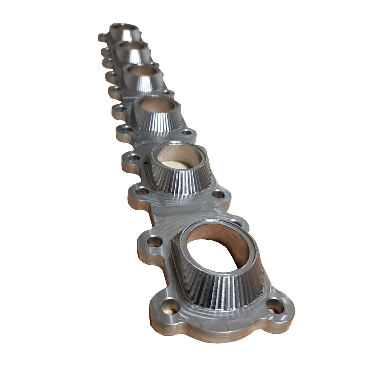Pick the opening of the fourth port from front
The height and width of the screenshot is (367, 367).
[x=142, y=71]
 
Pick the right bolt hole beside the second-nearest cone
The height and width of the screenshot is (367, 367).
[x=218, y=194]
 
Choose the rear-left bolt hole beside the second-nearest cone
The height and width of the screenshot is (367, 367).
[x=133, y=158]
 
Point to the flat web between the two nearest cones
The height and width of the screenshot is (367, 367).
[x=183, y=211]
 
